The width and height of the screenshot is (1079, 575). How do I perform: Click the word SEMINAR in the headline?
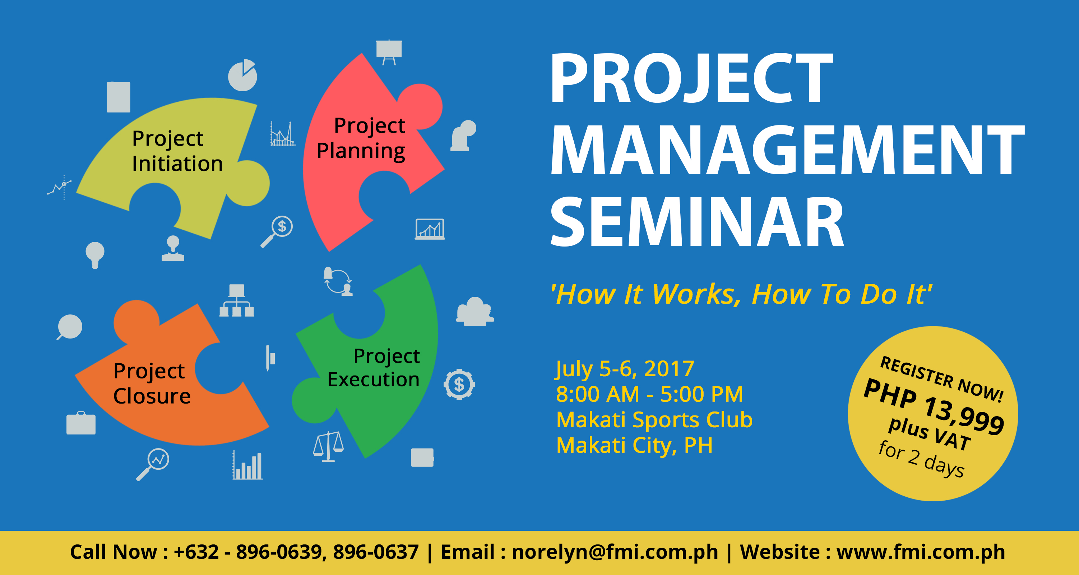point(696,222)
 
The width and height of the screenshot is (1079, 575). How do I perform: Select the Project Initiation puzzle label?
point(177,151)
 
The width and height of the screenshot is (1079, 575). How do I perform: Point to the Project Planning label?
point(361,138)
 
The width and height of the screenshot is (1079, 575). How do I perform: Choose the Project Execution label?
point(374,368)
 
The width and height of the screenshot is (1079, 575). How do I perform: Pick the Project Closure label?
point(152,383)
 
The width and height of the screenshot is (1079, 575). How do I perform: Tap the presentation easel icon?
point(389,52)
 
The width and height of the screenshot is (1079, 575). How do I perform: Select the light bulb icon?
point(95,255)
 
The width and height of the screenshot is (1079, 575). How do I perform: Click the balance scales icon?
point(328,446)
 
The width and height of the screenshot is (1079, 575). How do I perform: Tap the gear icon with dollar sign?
point(459,384)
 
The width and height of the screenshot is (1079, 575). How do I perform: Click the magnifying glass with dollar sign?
point(277,231)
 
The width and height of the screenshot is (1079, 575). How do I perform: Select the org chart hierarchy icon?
point(237,300)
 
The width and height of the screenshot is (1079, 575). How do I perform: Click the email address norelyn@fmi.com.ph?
point(615,552)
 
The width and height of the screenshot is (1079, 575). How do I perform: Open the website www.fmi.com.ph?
point(921,552)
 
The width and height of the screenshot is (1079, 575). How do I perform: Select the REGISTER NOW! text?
point(942,379)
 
